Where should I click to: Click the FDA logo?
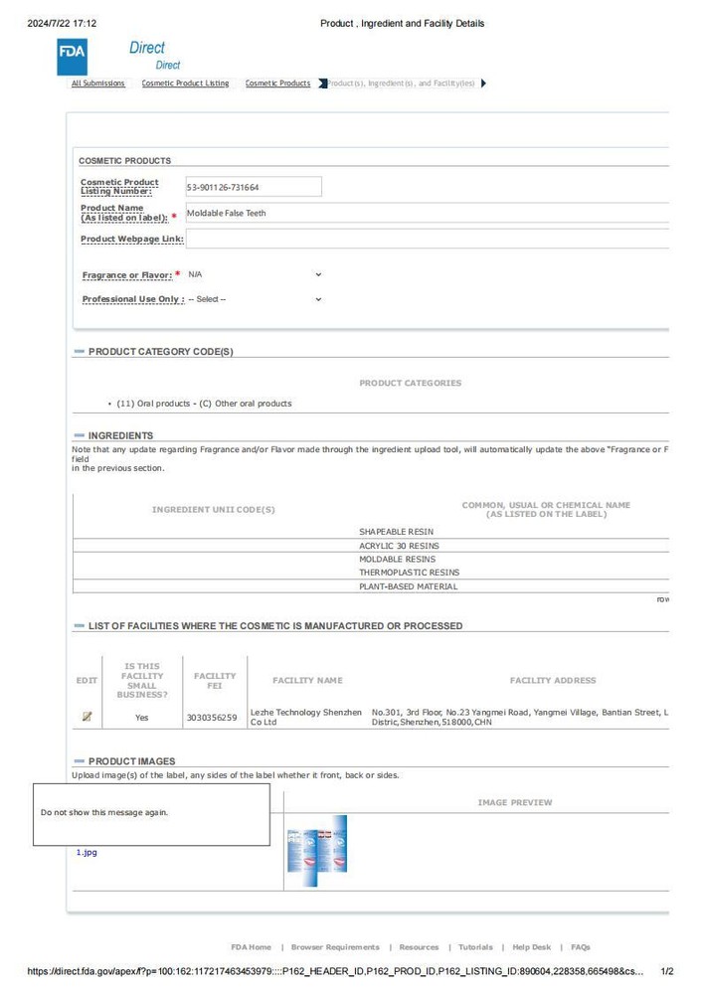73,55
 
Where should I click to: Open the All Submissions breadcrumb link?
98,83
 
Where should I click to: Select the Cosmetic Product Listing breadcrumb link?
185,83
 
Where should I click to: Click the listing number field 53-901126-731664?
254,187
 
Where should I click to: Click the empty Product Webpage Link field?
428,239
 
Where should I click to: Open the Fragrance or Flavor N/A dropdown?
255,274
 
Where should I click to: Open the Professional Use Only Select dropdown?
255,299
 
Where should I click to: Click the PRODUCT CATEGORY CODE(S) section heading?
160,352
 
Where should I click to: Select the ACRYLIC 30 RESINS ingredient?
399,546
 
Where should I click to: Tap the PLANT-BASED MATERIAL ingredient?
408,586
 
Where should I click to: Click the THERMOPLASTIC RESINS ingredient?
409,573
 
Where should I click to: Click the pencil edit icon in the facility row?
88,716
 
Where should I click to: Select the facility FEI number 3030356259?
212,717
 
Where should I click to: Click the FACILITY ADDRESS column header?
553,681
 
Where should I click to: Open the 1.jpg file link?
87,852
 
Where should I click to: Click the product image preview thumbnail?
316,844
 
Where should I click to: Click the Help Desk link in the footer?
531,947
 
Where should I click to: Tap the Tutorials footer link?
475,947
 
